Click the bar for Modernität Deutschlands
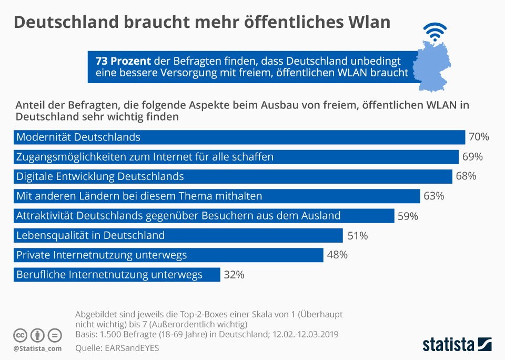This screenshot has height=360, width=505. click(239, 137)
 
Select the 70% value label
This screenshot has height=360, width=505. click(479, 137)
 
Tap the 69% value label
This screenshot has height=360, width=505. click(472, 157)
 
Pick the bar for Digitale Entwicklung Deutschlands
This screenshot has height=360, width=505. click(233, 177)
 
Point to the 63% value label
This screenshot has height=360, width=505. click(434, 196)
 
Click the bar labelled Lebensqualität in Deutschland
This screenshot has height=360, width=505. click(178, 236)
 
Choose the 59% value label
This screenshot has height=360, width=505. click(408, 216)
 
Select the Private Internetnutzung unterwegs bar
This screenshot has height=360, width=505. click(168, 255)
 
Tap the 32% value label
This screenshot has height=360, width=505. click(234, 275)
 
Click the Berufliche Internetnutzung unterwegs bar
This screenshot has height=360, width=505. click(117, 275)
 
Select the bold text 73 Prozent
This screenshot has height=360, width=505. click(123, 61)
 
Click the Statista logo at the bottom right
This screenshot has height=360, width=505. click(457, 344)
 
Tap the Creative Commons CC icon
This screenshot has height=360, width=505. click(20, 335)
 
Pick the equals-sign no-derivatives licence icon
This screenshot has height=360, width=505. click(55, 335)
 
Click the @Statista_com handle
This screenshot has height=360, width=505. click(37, 349)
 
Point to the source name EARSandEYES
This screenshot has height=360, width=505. click(132, 348)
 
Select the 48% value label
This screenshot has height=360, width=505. click(337, 255)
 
